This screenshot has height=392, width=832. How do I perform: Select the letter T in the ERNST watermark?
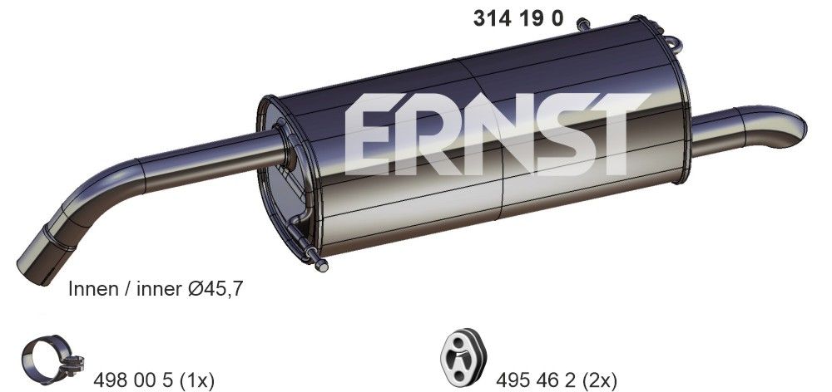point(612,137)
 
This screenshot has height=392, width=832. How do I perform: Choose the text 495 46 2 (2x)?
point(557,380)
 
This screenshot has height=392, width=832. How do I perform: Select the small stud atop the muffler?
point(582,23)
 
